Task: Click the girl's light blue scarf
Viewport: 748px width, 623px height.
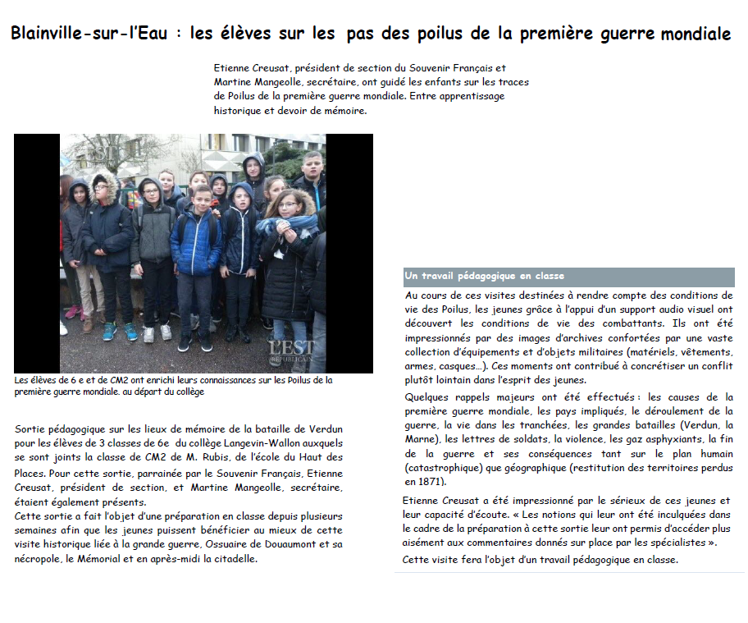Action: point(288,222)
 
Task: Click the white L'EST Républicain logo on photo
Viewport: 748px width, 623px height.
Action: point(290,351)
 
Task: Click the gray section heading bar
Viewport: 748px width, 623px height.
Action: point(568,277)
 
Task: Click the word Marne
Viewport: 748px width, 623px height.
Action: point(422,439)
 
